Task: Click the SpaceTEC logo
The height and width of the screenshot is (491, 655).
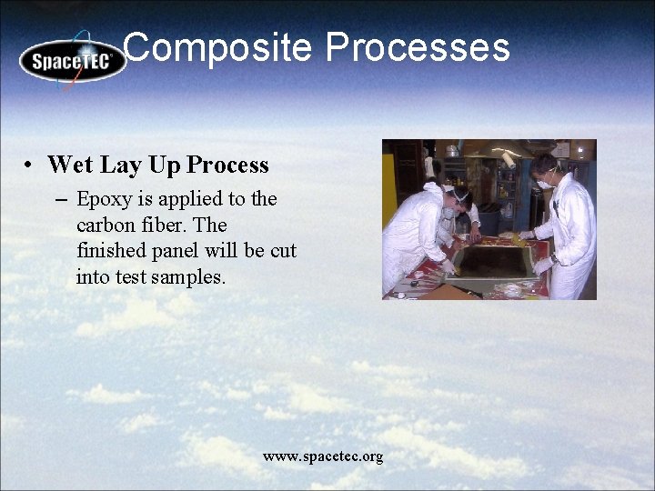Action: click(x=72, y=61)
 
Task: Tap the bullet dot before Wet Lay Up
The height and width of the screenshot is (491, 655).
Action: click(x=30, y=165)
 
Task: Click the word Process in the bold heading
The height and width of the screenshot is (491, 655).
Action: click(x=227, y=165)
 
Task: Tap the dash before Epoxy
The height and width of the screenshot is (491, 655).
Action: click(x=61, y=199)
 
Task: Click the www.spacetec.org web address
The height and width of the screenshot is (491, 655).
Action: click(x=323, y=456)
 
